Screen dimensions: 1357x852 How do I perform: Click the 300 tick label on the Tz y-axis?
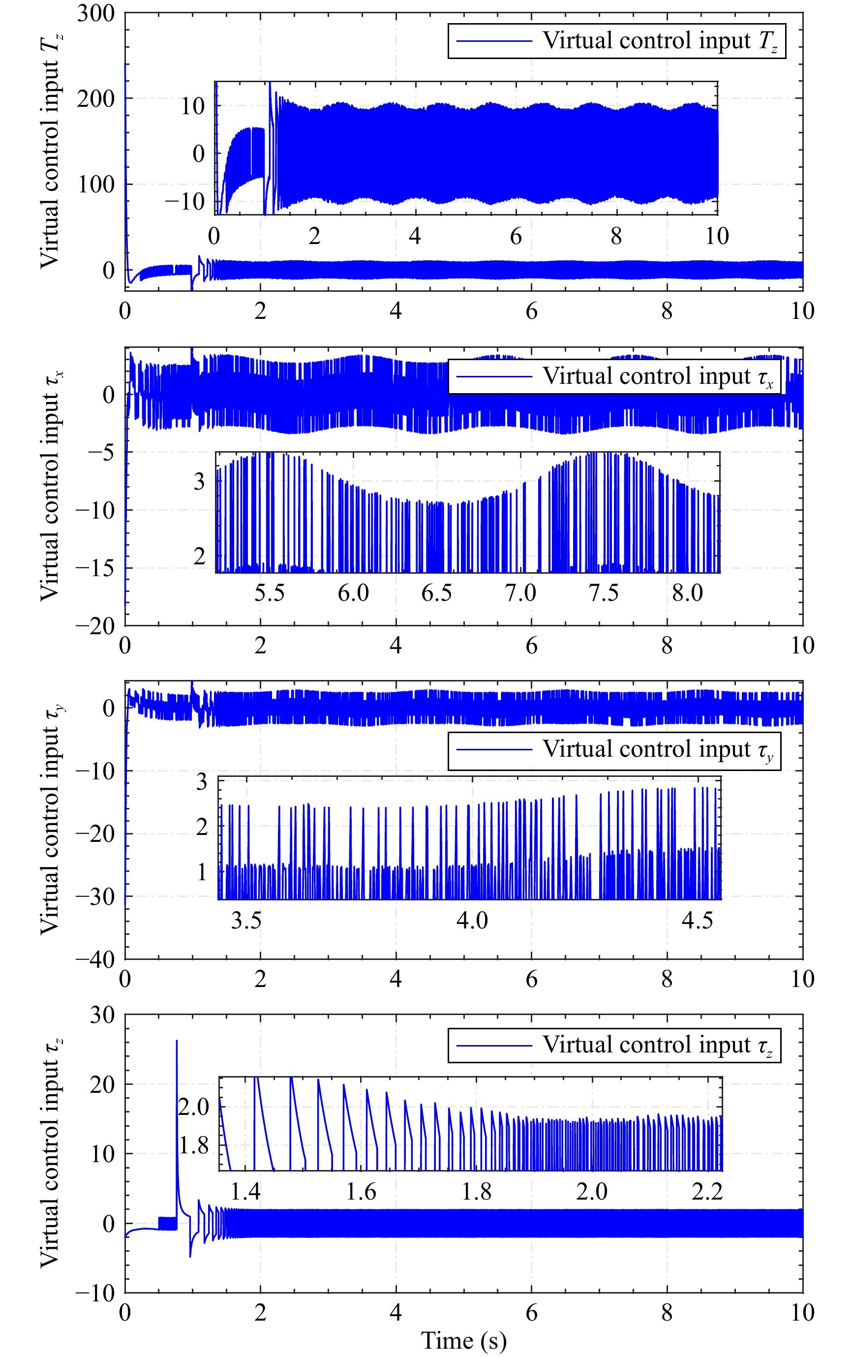96,13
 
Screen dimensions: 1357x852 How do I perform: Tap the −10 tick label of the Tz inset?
185,201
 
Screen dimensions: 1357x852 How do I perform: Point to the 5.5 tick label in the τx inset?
270,593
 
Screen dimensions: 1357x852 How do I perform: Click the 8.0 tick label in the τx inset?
688,593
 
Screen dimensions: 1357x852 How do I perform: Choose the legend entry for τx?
614,376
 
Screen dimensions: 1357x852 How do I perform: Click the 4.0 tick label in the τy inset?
472,920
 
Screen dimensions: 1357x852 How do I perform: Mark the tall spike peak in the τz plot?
177,1042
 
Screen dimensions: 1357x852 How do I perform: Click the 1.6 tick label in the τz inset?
361,1191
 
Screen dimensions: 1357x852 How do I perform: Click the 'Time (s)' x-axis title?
464,1340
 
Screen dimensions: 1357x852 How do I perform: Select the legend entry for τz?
614,1046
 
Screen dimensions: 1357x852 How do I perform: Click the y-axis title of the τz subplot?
51,1153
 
